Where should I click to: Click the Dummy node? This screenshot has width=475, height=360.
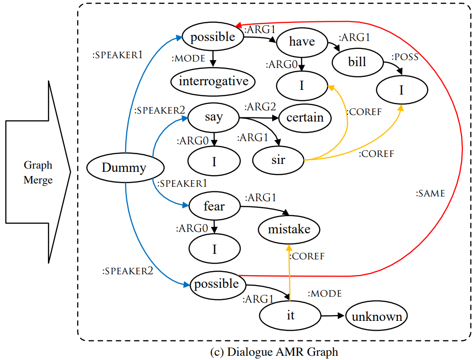click(x=124, y=168)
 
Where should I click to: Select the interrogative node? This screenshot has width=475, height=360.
click(x=214, y=82)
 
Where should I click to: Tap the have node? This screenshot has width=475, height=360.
click(x=302, y=42)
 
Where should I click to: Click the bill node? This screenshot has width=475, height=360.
click(x=356, y=61)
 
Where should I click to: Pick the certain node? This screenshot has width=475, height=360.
click(x=305, y=117)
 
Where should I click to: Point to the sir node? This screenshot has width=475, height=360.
click(x=278, y=161)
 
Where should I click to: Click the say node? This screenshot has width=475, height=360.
click(x=214, y=117)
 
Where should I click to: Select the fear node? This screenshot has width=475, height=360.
click(x=214, y=206)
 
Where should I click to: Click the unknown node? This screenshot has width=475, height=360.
click(x=377, y=317)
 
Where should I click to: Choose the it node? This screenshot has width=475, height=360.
click(x=290, y=315)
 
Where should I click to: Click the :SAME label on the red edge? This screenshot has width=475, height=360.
click(x=430, y=194)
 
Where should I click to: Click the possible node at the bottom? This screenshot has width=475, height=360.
click(x=217, y=284)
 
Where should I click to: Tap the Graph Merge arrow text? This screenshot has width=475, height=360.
click(x=38, y=172)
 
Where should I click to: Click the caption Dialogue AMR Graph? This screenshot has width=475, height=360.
click(x=274, y=352)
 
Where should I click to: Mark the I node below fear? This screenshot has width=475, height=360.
click(x=214, y=249)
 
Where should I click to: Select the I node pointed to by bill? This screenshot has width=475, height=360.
click(x=401, y=90)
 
